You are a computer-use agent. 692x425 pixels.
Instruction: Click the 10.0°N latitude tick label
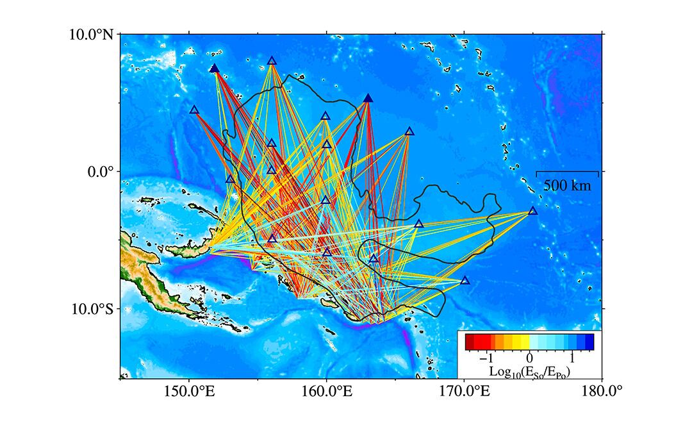[x=92, y=34]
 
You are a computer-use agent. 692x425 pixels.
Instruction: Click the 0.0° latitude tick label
[x=99, y=172]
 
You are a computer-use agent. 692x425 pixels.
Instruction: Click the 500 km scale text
[x=567, y=186]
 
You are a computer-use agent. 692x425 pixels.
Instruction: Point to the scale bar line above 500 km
[x=567, y=172]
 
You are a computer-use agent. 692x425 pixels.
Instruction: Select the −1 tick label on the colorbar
[x=490, y=357]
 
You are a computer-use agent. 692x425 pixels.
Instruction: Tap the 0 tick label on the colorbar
[x=529, y=357]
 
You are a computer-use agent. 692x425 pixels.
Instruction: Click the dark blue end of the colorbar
[x=589, y=342]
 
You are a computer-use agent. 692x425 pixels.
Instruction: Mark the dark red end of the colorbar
[x=469, y=342]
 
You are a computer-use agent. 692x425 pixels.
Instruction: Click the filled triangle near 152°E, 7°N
[x=215, y=69]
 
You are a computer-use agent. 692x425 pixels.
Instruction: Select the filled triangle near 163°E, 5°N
[x=368, y=98]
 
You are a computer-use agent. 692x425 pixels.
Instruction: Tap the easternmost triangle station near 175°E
[x=533, y=211]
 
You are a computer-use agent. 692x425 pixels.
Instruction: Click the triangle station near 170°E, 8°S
[x=465, y=281]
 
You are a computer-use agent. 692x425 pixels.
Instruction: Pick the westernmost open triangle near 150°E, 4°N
[x=194, y=110]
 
